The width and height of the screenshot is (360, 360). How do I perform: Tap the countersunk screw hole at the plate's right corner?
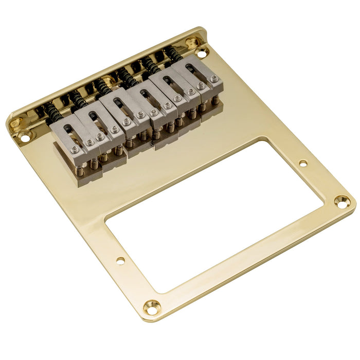pos(342,201)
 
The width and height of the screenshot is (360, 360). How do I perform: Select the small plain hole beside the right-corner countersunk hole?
pos(303,164)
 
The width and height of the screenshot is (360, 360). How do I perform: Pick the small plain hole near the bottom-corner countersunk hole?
pos(120,261)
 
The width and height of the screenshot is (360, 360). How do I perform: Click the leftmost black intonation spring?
pos(51,111)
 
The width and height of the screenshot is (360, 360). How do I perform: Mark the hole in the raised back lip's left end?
pos(15,123)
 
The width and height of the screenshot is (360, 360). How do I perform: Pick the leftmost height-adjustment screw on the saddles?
pos(75,150)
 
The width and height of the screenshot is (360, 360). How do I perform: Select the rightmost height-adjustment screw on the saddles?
pos(214,79)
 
